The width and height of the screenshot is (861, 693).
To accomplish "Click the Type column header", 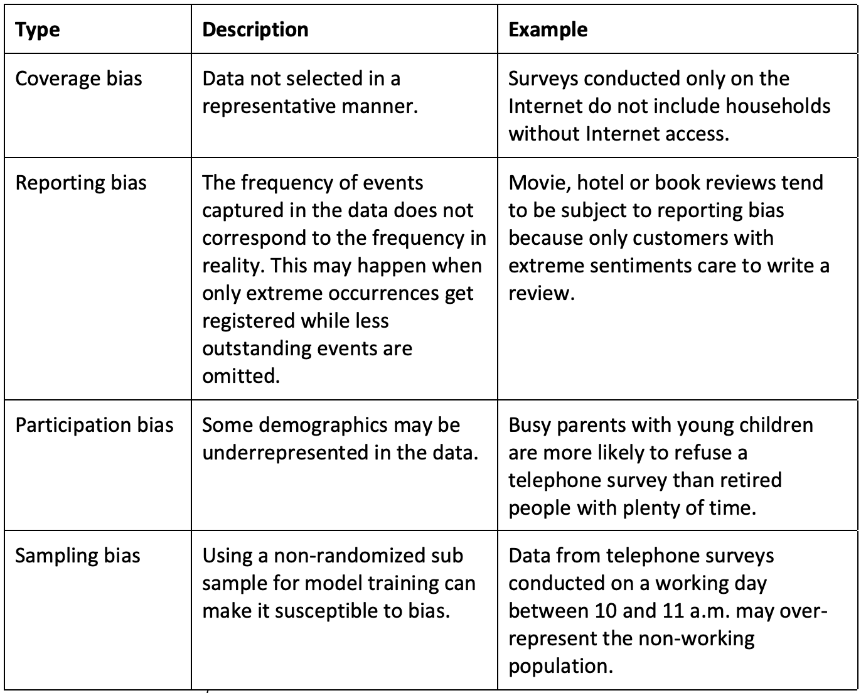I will point(38,30).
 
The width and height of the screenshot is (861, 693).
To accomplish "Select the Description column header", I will point(255,30).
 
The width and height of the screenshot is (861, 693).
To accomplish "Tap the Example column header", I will point(548,30).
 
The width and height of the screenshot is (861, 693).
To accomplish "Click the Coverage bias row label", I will point(78,79).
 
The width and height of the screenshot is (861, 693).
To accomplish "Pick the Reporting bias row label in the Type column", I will point(81,183).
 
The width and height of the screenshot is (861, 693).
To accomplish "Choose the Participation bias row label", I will point(94,426).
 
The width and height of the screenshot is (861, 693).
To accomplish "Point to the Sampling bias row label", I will point(78,556).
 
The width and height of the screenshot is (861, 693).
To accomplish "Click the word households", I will point(778,106).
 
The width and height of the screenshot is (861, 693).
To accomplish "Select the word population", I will point(560,666).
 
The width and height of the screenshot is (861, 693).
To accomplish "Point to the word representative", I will point(269,106).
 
